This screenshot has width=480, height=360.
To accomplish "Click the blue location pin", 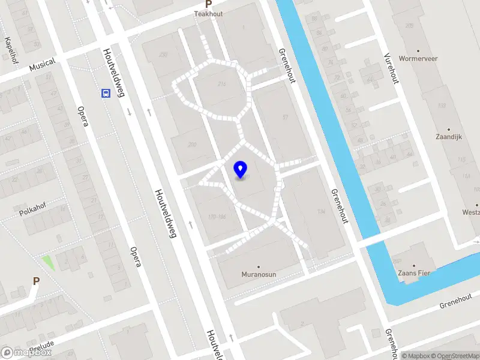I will pyautogui.click(x=241, y=170).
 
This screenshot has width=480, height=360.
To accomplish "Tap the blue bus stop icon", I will pyautogui.click(x=106, y=93).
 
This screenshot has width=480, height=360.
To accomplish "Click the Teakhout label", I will pyautogui.click(x=208, y=13).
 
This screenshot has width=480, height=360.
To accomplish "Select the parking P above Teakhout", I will pyautogui.click(x=208, y=4).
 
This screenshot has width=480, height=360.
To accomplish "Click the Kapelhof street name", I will pyautogui.click(x=11, y=46).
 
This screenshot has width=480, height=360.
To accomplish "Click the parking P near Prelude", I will pyautogui.click(x=36, y=281).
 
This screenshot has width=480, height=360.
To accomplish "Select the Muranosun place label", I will pyautogui.click(x=259, y=274).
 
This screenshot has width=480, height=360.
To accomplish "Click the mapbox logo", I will pyautogui.click(x=26, y=353).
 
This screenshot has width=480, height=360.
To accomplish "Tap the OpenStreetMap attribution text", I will pyautogui.click(x=452, y=356).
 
